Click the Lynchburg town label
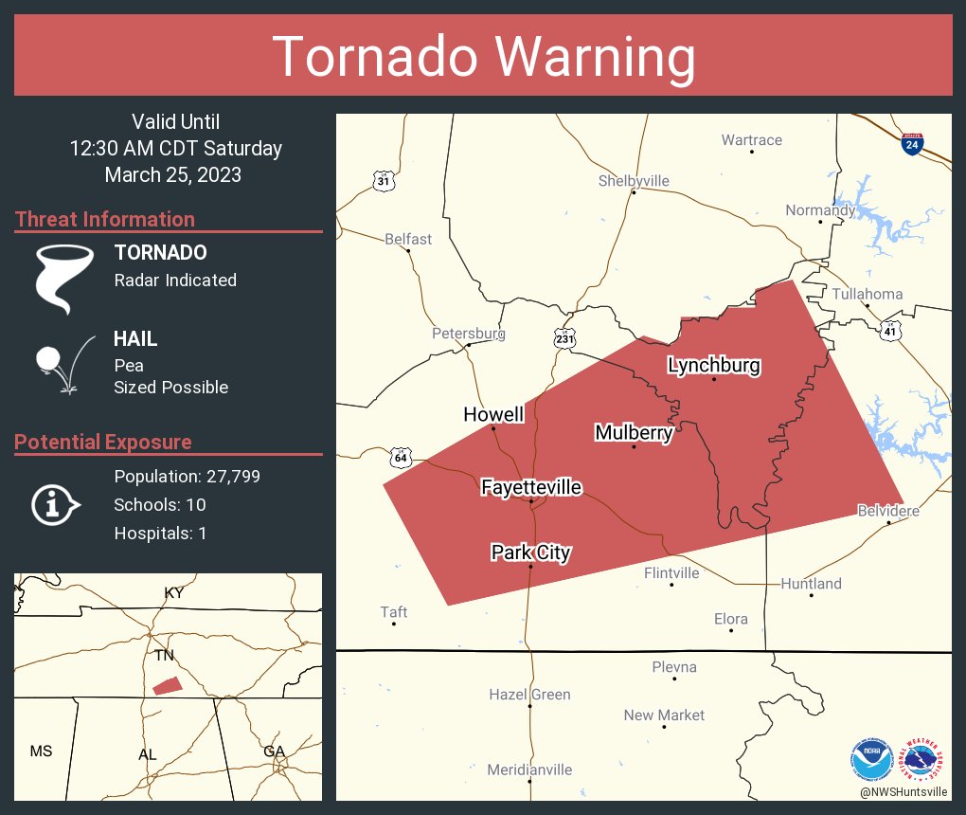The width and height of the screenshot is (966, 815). [714, 365]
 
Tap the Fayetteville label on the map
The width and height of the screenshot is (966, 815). [530, 487]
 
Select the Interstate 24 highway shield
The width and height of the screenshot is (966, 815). [911, 144]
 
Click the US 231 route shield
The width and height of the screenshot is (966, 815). [565, 338]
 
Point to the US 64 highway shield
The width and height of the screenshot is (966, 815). [400, 458]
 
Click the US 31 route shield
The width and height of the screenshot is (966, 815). [382, 181]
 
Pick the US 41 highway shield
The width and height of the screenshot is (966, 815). [889, 330]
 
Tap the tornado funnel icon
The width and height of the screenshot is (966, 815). [64, 279]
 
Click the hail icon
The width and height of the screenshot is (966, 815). [63, 361]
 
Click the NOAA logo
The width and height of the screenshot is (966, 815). [871, 759]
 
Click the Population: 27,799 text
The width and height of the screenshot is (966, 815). [187, 476]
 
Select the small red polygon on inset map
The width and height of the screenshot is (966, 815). [167, 685]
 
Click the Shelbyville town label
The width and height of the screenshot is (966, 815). [634, 181]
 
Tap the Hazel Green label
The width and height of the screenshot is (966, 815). [529, 695]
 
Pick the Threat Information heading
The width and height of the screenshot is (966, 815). [105, 219]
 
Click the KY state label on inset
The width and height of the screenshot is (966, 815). [174, 593]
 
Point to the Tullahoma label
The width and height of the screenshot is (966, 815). [867, 294]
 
